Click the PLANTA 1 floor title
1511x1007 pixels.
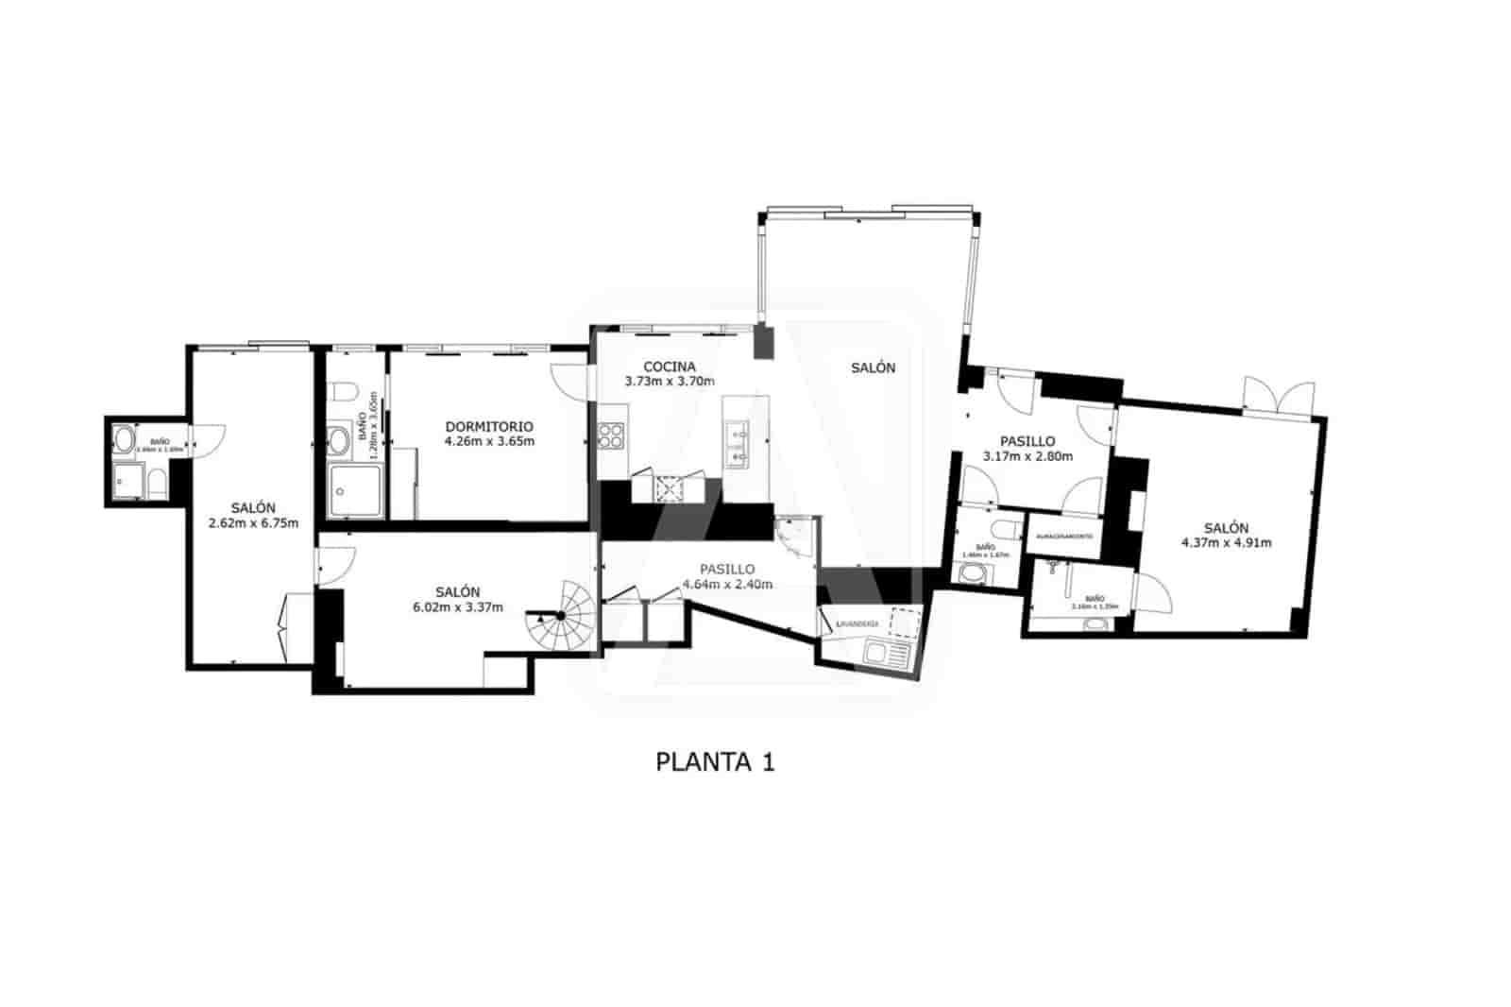pos(715,762)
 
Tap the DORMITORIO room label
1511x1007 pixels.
pos(489,426)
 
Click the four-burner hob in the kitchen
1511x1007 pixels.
pos(611,435)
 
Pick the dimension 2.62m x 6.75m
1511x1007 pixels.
pos(253,522)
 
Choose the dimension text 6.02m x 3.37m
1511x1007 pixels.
pos(457,606)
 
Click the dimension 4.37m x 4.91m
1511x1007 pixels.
pos(1226,542)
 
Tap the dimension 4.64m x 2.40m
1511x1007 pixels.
pos(726,584)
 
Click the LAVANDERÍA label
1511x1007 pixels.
pos(856,623)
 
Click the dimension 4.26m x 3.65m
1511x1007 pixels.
pos(489,441)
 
